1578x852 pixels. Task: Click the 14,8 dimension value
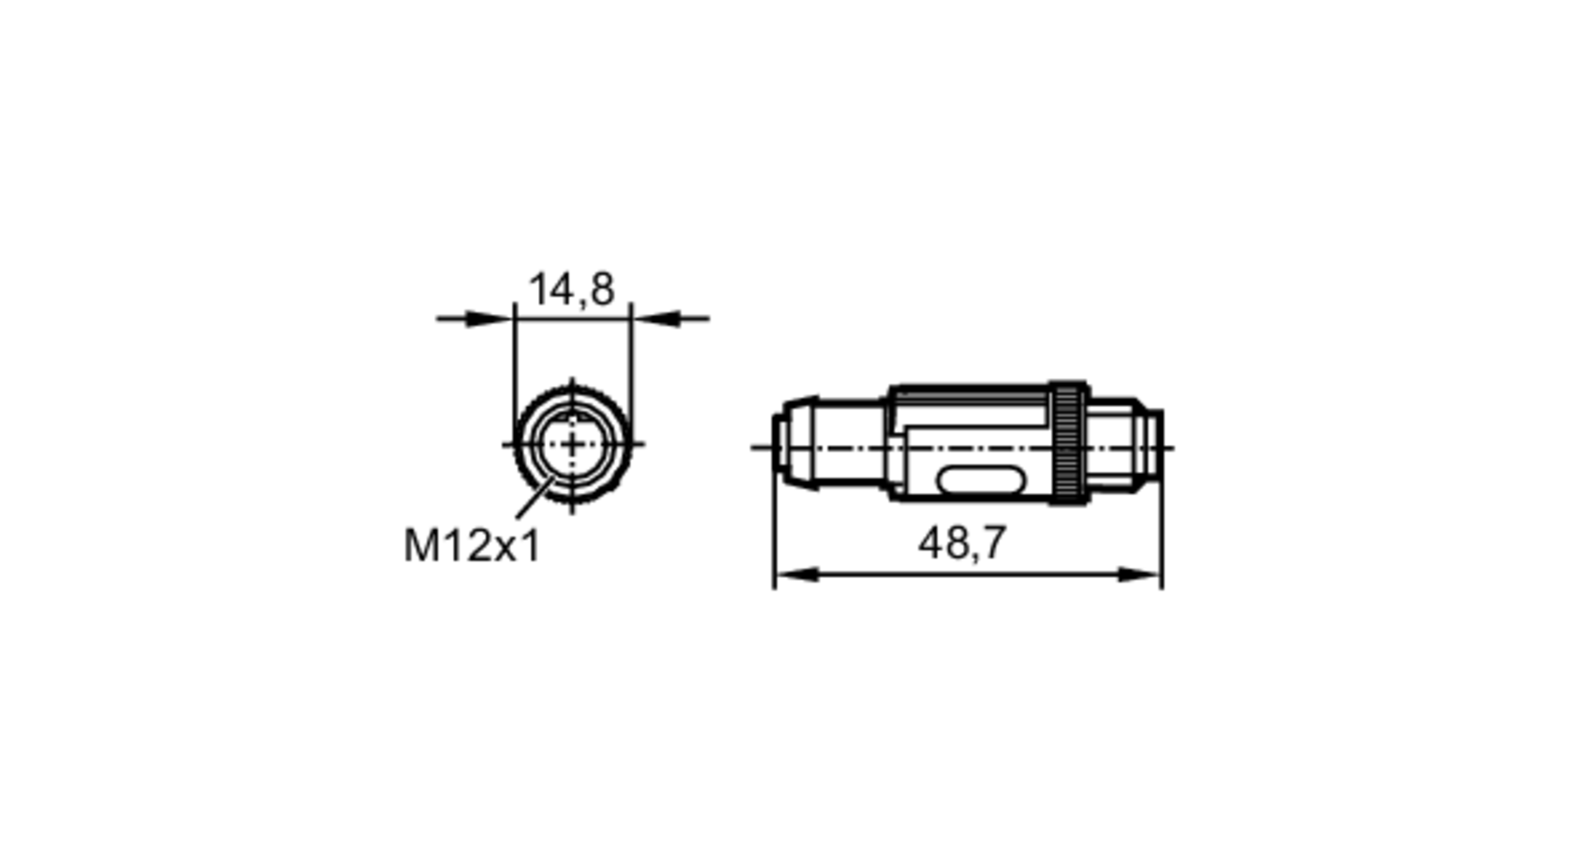pos(571,290)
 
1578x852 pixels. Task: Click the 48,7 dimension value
pos(962,544)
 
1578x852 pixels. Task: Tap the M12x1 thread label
pos(472,546)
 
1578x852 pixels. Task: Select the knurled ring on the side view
pos(1068,443)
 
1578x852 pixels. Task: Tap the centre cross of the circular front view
pos(573,446)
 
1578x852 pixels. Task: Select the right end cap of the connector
pos(1154,446)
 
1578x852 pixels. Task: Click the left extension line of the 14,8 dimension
pos(514,363)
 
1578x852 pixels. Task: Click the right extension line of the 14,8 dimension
pos(631,363)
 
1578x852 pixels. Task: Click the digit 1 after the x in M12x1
pos(531,546)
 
